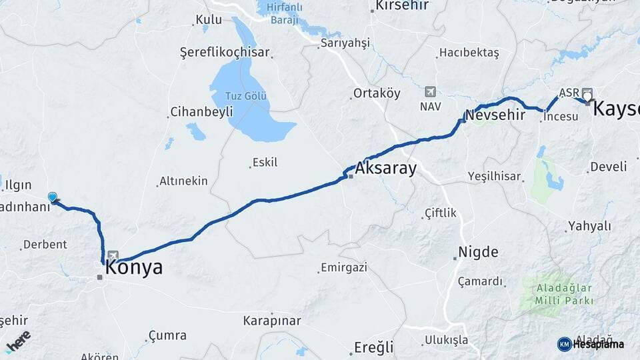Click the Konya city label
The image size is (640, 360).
click(133, 268)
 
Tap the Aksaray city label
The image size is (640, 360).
click(386, 169)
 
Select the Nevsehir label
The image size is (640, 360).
click(491, 114)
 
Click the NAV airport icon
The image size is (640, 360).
click(430, 91)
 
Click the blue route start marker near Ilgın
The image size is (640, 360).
click(53, 197)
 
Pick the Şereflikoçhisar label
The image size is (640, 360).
click(225, 52)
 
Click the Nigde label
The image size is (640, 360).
click(478, 252)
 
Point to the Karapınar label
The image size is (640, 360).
click(272, 321)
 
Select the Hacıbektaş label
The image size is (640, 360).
click(469, 53)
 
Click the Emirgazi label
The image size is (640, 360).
click(344, 268)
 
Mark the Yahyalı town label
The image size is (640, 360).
click(589, 226)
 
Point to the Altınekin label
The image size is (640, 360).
click(183, 181)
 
